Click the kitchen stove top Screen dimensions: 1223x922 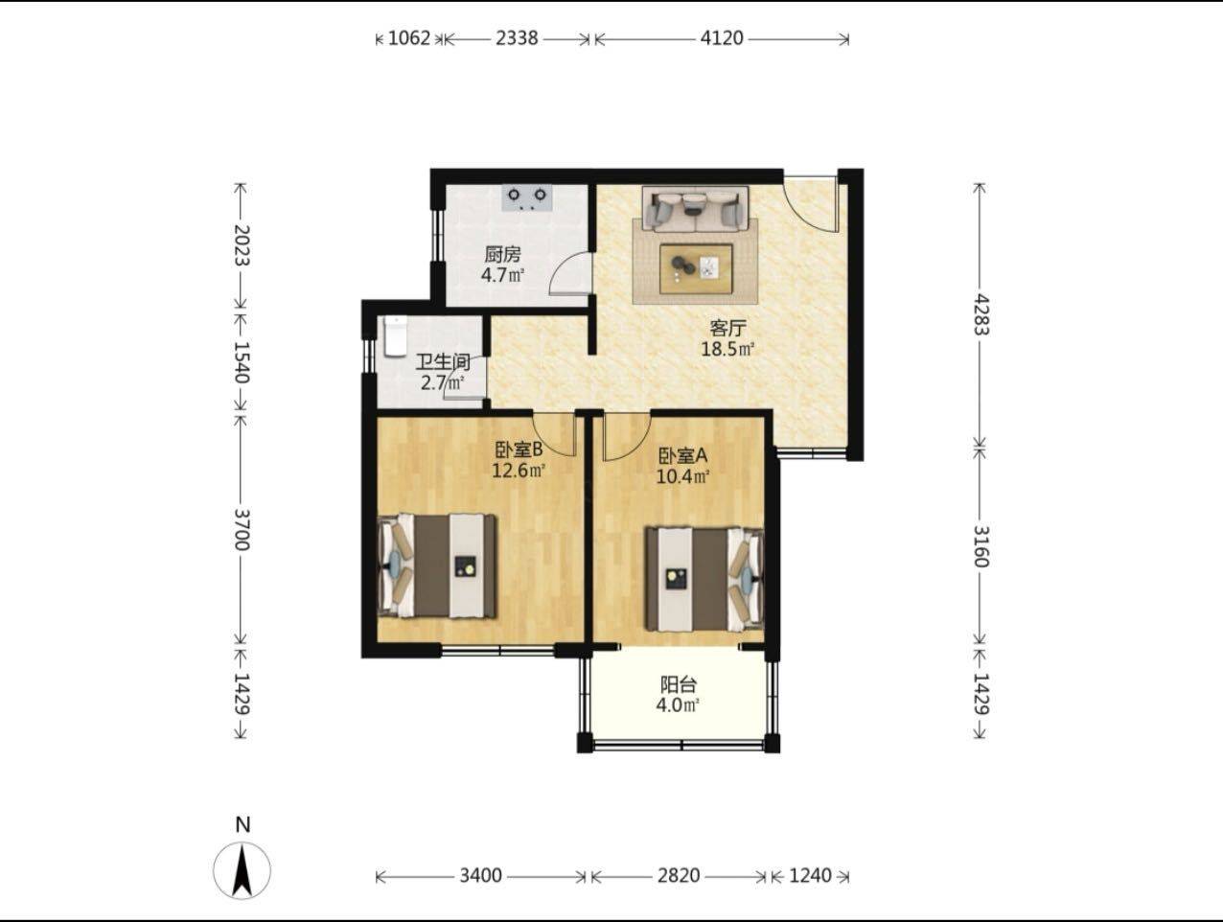[526, 198]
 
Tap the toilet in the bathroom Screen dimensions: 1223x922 [396, 336]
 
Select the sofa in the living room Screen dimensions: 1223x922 [695, 208]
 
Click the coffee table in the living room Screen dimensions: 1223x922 [696, 268]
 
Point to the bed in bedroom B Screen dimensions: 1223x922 [437, 566]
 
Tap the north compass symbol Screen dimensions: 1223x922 [242, 870]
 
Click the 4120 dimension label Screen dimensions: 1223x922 [722, 38]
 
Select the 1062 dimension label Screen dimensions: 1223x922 [409, 38]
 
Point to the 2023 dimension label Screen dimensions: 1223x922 [242, 245]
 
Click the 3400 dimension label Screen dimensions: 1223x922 [480, 876]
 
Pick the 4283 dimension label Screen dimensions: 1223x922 [981, 314]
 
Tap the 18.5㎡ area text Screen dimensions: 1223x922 [727, 349]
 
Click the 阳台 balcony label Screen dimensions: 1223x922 [678, 684]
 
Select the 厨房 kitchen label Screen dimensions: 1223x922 [502, 255]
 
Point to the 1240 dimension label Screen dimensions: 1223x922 [810, 876]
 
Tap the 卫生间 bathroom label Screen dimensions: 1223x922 [443, 362]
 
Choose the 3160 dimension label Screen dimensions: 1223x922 [981, 546]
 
